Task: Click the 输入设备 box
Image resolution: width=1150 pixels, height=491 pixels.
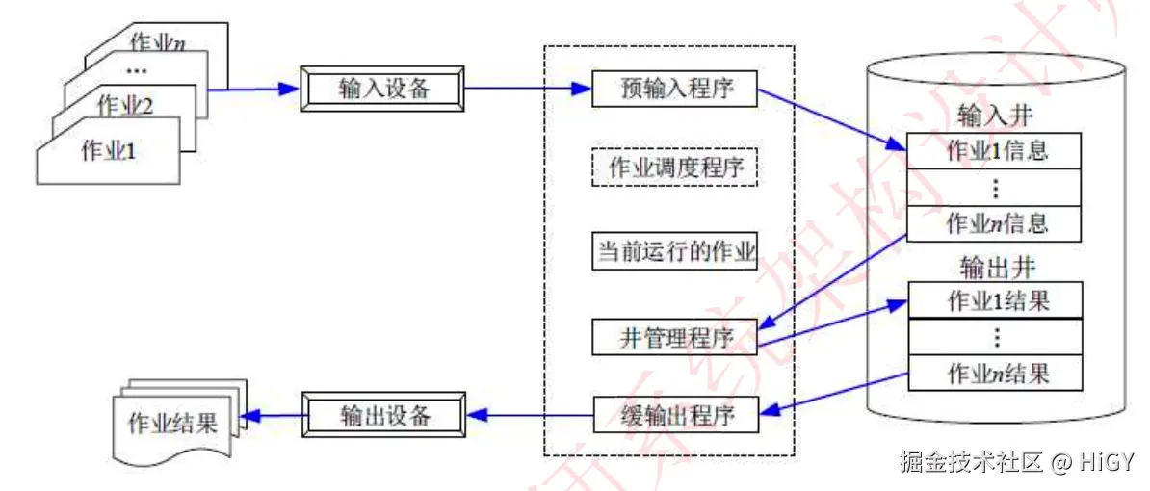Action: tap(384, 89)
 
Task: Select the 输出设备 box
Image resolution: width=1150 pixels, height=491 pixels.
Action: tap(384, 416)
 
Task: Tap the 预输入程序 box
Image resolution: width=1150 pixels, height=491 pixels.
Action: tap(674, 89)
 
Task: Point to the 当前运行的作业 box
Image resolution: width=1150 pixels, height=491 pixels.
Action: tap(674, 251)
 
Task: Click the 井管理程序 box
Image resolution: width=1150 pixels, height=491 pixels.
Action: tap(674, 338)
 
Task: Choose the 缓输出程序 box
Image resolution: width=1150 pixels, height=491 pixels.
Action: tap(674, 416)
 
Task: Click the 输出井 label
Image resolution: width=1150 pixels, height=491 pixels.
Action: tap(996, 265)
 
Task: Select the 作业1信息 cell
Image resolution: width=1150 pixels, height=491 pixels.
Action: tap(996, 150)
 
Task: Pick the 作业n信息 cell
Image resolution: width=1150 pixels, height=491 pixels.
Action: tap(996, 223)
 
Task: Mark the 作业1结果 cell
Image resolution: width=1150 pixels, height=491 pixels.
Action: tap(996, 299)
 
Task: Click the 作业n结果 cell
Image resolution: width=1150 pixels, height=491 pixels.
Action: tap(996, 372)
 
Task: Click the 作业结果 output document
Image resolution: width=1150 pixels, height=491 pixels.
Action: tap(172, 424)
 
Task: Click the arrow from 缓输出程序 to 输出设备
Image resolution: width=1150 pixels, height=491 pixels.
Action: tap(530, 416)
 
